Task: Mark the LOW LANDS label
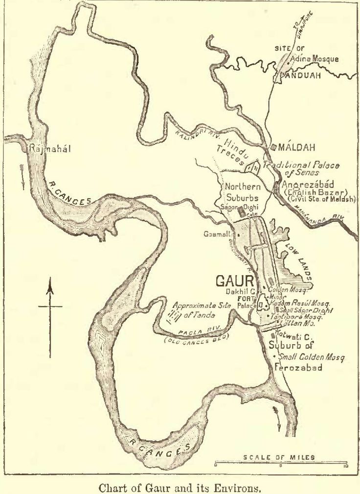point(298,261)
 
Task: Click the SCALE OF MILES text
point(279,458)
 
